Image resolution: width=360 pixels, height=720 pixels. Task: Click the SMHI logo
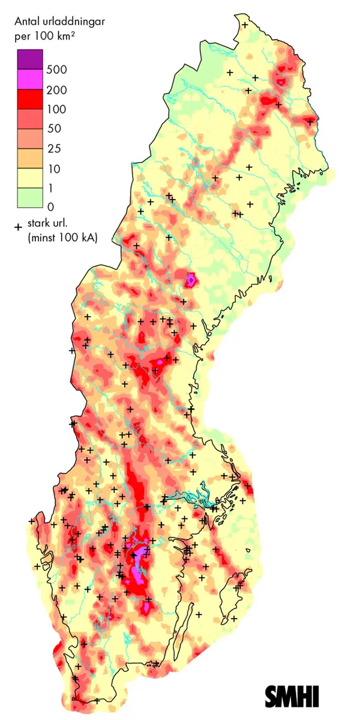click(292, 696)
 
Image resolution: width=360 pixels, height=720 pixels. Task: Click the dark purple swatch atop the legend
click(28, 59)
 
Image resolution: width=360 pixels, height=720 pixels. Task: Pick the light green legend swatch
click(28, 197)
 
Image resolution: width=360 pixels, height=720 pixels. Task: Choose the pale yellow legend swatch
click(28, 178)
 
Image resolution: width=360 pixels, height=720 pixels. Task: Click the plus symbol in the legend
click(18, 227)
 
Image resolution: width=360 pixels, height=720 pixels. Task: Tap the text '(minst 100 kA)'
click(62, 239)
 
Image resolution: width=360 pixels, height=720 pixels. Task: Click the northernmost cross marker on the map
click(245, 25)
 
